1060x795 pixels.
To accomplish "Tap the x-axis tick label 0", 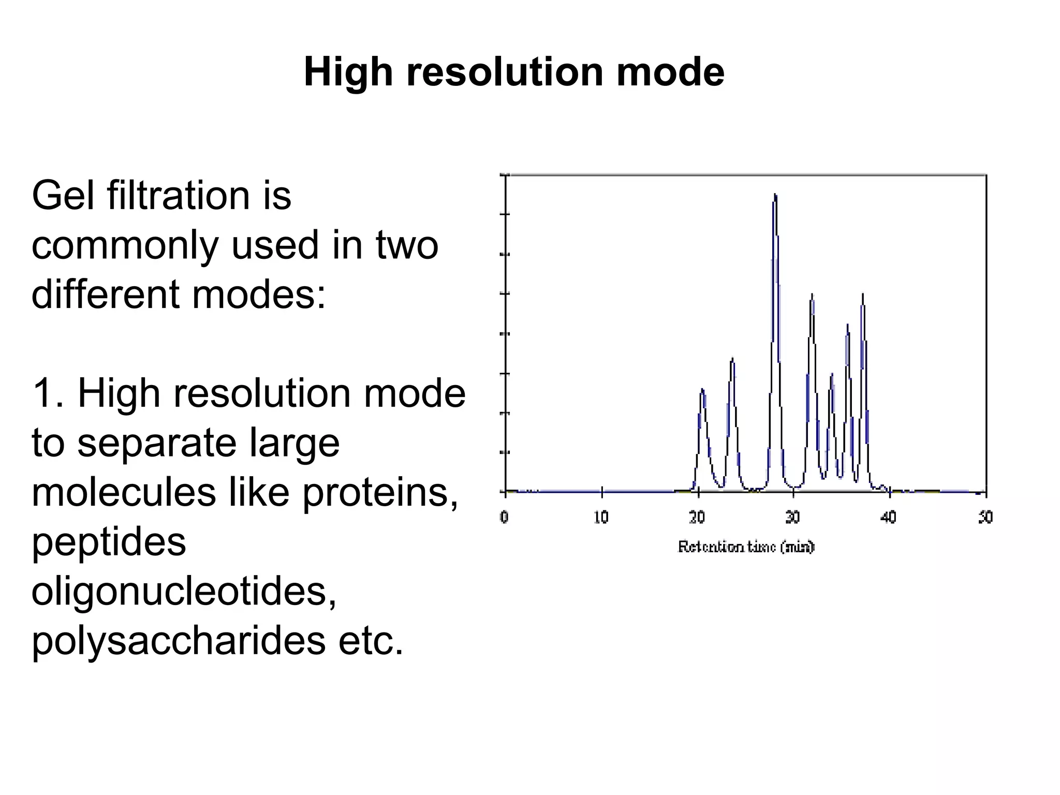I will (x=505, y=517).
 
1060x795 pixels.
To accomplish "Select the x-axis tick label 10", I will (x=601, y=517).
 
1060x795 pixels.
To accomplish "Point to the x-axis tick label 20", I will (x=697, y=517).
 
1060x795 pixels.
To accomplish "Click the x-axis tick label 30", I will (x=793, y=517).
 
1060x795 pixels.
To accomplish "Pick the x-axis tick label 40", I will (x=889, y=517).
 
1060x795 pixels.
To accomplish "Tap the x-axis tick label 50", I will (x=985, y=517).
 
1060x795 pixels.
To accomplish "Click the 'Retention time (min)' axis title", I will (x=746, y=547).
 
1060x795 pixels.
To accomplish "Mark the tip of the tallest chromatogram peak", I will (x=775, y=195).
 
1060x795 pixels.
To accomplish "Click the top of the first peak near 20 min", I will (x=702, y=390).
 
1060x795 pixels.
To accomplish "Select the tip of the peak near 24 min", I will (x=732, y=359).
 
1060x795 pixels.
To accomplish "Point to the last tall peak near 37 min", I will (x=863, y=295).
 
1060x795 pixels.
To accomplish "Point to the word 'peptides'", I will (x=109, y=543).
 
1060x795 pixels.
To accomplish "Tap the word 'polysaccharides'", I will (x=179, y=642).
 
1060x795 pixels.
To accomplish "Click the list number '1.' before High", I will (x=48, y=394).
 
